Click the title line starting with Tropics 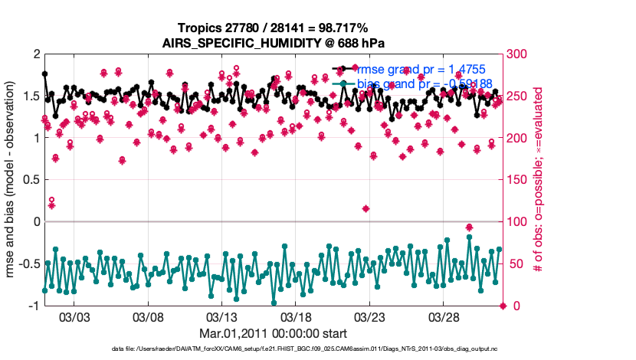(274, 28)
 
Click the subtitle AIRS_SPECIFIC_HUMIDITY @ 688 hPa (274, 43)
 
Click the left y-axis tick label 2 (35, 54)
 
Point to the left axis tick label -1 (32, 306)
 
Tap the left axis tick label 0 (35, 222)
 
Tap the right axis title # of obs (539, 180)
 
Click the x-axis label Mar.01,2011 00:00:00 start (274, 333)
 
